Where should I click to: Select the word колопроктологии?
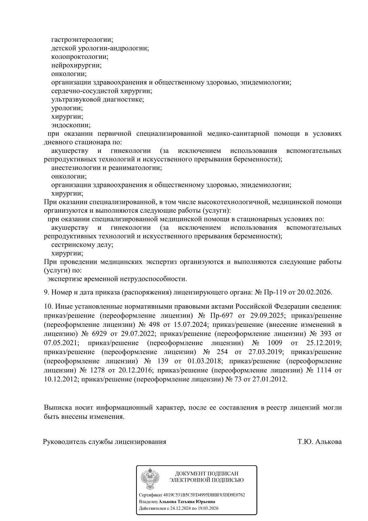(x=79, y=57)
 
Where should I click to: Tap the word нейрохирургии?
(x=76, y=66)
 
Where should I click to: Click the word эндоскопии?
(x=71, y=125)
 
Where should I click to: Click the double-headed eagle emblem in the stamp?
(x=150, y=479)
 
